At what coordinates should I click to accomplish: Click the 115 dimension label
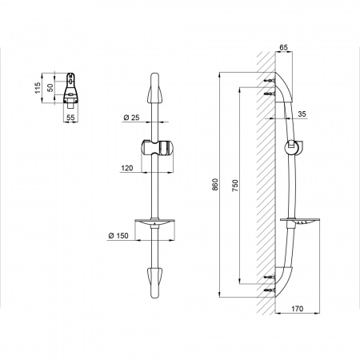(x=38, y=88)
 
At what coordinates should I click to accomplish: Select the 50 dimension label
(x=50, y=87)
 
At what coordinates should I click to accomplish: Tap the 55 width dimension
(x=70, y=117)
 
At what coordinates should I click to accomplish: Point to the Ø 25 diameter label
(x=131, y=118)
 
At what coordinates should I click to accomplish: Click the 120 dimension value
(x=127, y=168)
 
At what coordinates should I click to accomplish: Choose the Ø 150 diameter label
(x=118, y=236)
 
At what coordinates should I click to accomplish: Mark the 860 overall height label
(x=215, y=185)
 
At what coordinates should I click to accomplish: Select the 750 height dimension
(x=235, y=186)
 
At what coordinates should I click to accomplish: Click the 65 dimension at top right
(x=284, y=47)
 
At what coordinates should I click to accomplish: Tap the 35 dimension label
(x=302, y=114)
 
